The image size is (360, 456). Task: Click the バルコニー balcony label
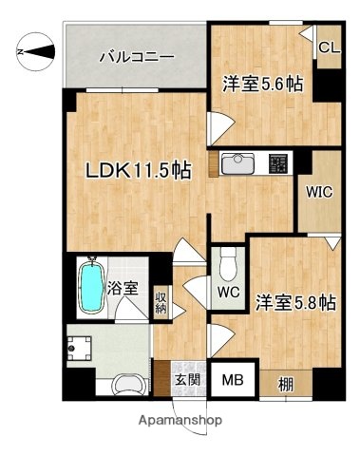pos(137,57)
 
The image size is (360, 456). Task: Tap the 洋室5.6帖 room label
pos(264,84)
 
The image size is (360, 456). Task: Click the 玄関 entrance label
pos(186,381)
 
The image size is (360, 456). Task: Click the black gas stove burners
pos(278,163)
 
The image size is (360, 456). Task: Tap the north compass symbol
pos(31,52)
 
